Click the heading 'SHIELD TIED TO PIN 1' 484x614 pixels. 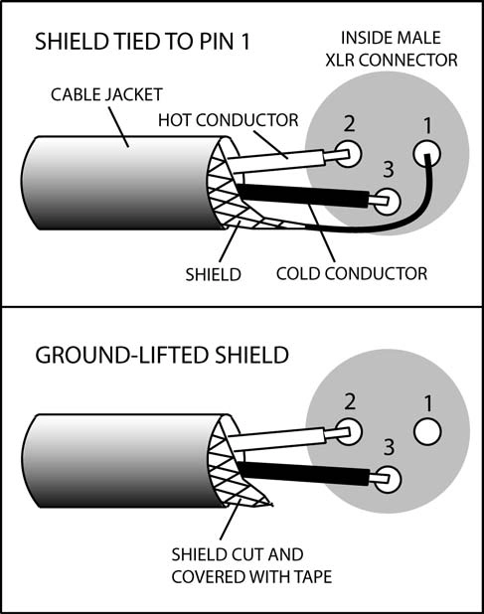point(142,41)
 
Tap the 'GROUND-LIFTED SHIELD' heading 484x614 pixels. point(162,355)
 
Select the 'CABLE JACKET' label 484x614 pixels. point(106,94)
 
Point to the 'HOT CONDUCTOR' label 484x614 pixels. point(228,120)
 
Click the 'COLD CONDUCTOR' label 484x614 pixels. point(352,273)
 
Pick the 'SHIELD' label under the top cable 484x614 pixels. point(213,275)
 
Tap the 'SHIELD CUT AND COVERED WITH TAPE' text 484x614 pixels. point(251,565)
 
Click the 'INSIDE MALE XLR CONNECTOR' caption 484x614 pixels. point(392,49)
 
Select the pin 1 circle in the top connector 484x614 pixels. point(426,154)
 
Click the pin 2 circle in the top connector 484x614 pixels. point(348,153)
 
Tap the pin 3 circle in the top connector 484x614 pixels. point(387,202)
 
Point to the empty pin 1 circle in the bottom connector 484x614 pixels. point(427,432)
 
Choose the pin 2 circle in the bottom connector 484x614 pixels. point(348,431)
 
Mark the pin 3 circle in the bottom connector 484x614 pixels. point(388,479)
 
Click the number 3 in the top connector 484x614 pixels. point(388,170)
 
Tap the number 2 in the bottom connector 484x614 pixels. point(349,402)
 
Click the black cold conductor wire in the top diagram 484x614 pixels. point(303,195)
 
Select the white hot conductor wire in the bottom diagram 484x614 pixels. point(277,438)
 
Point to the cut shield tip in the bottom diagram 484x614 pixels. point(270,505)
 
